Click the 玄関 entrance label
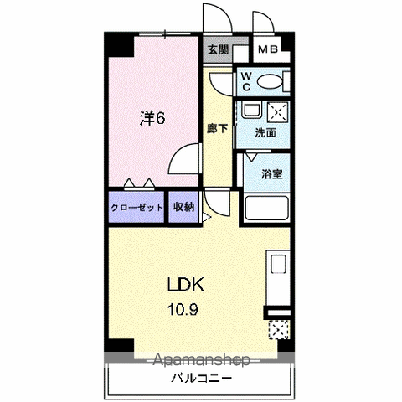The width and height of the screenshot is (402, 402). [x=218, y=50]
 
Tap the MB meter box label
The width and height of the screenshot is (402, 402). [x=268, y=49]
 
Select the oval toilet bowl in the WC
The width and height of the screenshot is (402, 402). [x=269, y=82]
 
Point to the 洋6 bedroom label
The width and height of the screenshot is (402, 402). [x=152, y=118]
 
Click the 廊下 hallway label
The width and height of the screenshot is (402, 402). [x=218, y=128]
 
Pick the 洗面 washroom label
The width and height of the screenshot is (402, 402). [x=265, y=133]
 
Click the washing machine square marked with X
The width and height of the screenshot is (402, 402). [x=277, y=112]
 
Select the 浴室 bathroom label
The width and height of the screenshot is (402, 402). [x=272, y=174]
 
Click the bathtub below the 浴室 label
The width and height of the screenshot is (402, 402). [x=266, y=208]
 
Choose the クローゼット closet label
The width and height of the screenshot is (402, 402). [x=137, y=208]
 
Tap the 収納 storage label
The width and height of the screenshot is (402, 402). [x=183, y=207]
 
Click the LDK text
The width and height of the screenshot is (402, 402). [x=186, y=284]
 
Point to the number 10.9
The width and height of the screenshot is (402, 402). [x=183, y=309]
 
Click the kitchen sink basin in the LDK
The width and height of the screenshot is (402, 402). [x=279, y=264]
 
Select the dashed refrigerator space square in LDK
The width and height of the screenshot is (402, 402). [x=279, y=330]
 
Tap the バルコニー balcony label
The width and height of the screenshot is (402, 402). [x=201, y=379]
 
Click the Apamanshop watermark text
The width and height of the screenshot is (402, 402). [x=202, y=360]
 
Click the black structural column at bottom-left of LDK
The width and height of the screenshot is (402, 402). [x=121, y=345]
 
